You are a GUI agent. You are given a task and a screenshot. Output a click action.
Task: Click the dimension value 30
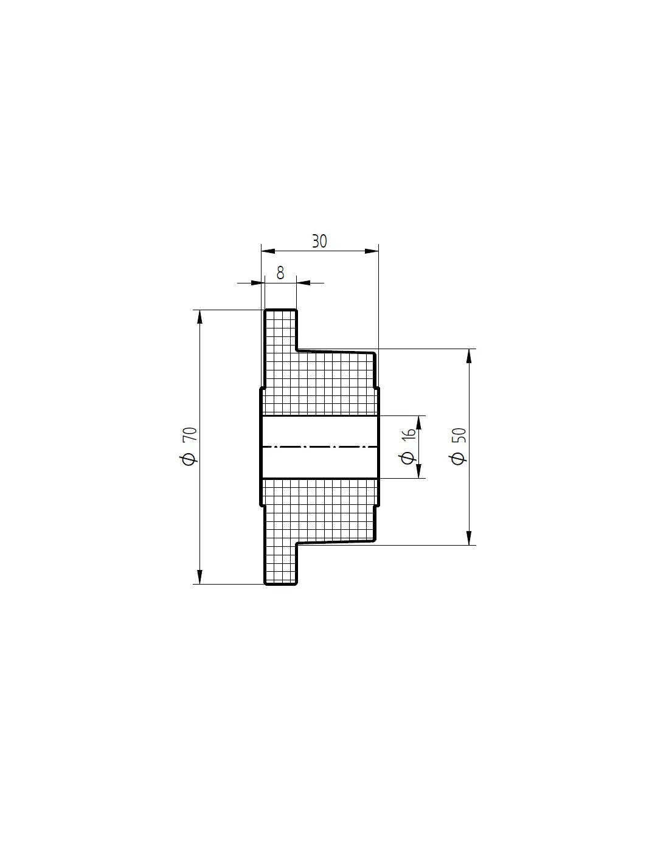click(319, 241)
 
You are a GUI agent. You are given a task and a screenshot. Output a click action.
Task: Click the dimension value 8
click(280, 273)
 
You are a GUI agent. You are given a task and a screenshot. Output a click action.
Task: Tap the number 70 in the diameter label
click(190, 434)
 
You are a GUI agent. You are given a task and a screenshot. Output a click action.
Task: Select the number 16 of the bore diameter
click(409, 434)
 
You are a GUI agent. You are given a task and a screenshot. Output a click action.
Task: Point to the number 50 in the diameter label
click(459, 436)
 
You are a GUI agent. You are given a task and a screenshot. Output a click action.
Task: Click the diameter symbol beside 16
click(407, 458)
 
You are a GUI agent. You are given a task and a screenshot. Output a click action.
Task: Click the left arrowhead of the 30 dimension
click(268, 251)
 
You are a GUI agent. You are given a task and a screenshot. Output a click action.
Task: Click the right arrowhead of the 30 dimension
click(372, 251)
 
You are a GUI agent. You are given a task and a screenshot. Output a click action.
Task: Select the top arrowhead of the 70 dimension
click(199, 317)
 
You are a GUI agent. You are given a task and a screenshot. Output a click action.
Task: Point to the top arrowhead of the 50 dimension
click(470, 356)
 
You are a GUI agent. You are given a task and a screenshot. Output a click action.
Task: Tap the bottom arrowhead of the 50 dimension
click(470, 538)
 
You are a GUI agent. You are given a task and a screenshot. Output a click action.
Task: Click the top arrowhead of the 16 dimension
click(418, 422)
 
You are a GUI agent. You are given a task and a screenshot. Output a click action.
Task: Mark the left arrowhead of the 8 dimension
click(258, 283)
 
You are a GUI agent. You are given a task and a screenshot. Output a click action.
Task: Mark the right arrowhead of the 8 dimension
click(303, 283)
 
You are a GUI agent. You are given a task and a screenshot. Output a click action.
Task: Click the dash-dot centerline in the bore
click(319, 447)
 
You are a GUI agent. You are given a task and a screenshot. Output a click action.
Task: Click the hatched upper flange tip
click(280, 330)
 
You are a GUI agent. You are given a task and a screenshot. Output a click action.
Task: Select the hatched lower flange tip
click(280, 564)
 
